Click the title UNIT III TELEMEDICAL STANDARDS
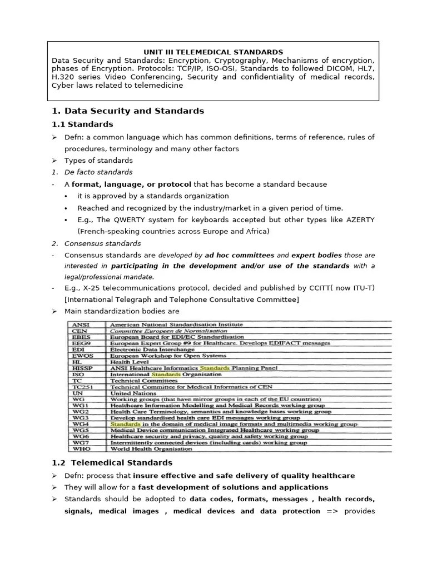tap(213, 52)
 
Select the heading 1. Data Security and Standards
tap(128, 111)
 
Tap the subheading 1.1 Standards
tap(82, 124)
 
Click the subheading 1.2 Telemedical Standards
tap(112, 462)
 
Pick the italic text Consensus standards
tap(103, 243)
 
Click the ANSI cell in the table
tap(80, 324)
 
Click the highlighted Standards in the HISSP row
tap(214, 367)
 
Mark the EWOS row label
tap(82, 355)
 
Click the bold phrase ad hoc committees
tap(239, 255)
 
